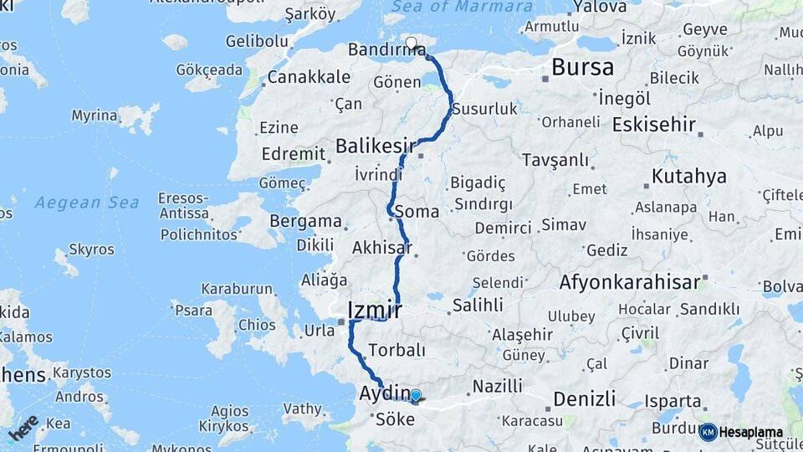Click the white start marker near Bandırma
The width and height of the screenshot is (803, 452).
coord(411,43)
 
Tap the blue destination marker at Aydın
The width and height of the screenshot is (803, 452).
coord(415,395)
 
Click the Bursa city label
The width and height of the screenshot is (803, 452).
coord(583,67)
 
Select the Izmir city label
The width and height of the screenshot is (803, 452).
coord(374,311)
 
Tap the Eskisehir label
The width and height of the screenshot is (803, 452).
coord(653,125)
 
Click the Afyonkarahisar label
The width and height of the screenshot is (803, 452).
coord(630,282)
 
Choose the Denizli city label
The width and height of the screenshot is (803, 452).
coord(585,398)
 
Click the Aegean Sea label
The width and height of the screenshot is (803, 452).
coord(87,203)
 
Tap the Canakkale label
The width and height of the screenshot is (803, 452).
coord(310,77)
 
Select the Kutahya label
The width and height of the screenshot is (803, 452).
coord(688,177)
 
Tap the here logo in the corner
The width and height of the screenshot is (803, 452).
coord(23,428)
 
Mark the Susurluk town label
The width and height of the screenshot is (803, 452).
coord(485,109)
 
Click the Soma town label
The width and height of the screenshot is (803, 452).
coord(417,211)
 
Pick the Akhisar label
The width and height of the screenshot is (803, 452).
coord(381,248)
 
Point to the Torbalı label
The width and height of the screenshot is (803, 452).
coord(396,350)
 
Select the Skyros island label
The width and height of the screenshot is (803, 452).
coord(92,249)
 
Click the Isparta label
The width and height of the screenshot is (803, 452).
coord(673,401)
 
